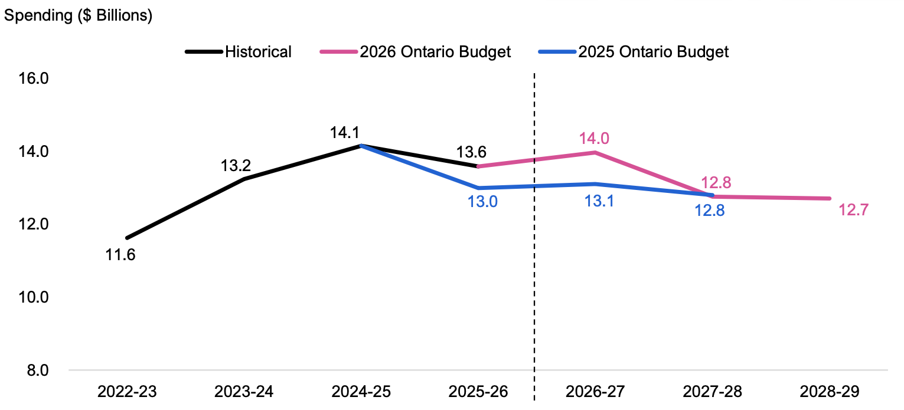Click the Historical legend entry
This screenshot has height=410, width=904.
tap(238, 51)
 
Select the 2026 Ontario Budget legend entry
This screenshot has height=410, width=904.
tap(415, 51)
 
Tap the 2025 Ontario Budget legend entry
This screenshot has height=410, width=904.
tap(634, 51)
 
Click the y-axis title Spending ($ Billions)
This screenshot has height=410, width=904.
tap(79, 15)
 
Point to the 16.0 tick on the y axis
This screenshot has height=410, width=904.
tap(34, 78)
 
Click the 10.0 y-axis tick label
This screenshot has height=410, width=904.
tap(34, 297)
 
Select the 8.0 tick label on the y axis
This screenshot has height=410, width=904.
tap(38, 370)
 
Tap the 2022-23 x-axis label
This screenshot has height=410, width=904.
tap(127, 392)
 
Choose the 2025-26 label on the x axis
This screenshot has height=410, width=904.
tap(478, 392)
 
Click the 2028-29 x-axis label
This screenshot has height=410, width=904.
tap(830, 392)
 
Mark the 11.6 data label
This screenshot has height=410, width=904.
tap(120, 255)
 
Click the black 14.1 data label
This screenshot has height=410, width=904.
tap(345, 132)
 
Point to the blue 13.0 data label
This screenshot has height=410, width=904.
tap(482, 201)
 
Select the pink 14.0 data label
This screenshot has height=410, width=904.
tap(595, 138)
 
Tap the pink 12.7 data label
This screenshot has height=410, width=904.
tap(854, 210)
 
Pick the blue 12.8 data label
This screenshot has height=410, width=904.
tap(710, 211)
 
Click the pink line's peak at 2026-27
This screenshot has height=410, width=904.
tap(595, 152)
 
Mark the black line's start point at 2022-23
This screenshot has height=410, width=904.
tap(127, 238)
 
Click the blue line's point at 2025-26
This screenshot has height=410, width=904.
tap(478, 188)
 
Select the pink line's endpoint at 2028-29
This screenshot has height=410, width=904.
tap(830, 198)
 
